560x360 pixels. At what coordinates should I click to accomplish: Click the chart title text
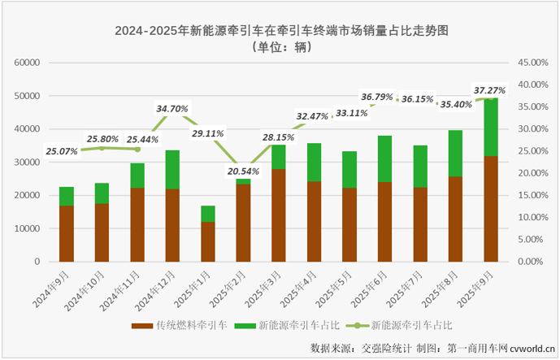point(281,31)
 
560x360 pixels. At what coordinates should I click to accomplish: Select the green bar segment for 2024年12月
point(173,170)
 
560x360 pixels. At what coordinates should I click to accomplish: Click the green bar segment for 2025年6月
point(385,158)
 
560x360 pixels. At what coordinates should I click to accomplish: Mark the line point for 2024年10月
point(102,148)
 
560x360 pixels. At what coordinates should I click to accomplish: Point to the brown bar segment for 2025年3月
point(279,215)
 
